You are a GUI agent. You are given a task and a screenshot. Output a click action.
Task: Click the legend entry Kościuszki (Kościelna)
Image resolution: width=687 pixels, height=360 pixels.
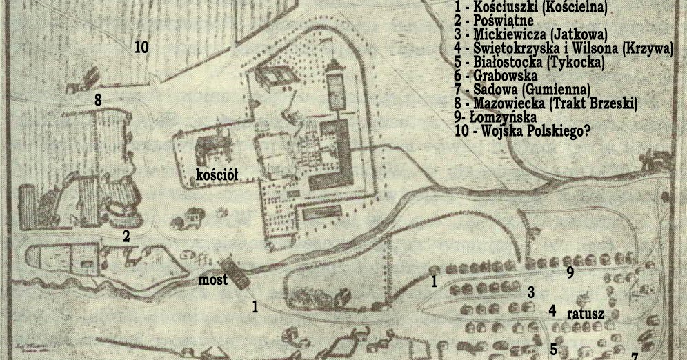click(x=531, y=8)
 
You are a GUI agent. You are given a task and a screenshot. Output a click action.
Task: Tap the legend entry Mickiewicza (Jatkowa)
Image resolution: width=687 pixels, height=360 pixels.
click(x=529, y=34)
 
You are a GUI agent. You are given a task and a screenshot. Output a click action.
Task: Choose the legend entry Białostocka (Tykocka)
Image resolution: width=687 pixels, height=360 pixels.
click(x=529, y=62)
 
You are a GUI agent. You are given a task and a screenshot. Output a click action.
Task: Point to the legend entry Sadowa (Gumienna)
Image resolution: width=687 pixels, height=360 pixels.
click(x=522, y=90)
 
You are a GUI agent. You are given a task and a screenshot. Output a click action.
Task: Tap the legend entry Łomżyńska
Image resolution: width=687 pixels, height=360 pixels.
click(x=495, y=117)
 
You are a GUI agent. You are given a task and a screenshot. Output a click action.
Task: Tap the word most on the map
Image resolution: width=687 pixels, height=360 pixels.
click(x=212, y=280)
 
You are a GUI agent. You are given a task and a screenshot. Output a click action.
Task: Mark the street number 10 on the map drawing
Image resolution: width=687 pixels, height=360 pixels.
click(x=141, y=48)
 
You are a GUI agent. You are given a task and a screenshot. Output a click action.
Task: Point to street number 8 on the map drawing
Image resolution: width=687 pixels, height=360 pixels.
click(x=98, y=100)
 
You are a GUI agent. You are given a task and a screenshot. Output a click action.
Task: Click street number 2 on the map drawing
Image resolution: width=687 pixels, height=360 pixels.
click(x=126, y=237)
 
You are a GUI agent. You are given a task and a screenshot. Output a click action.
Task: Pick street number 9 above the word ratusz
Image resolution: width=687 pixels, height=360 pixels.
click(x=570, y=273)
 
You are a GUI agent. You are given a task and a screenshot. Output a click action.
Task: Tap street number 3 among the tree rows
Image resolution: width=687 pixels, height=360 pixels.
click(x=531, y=292)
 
